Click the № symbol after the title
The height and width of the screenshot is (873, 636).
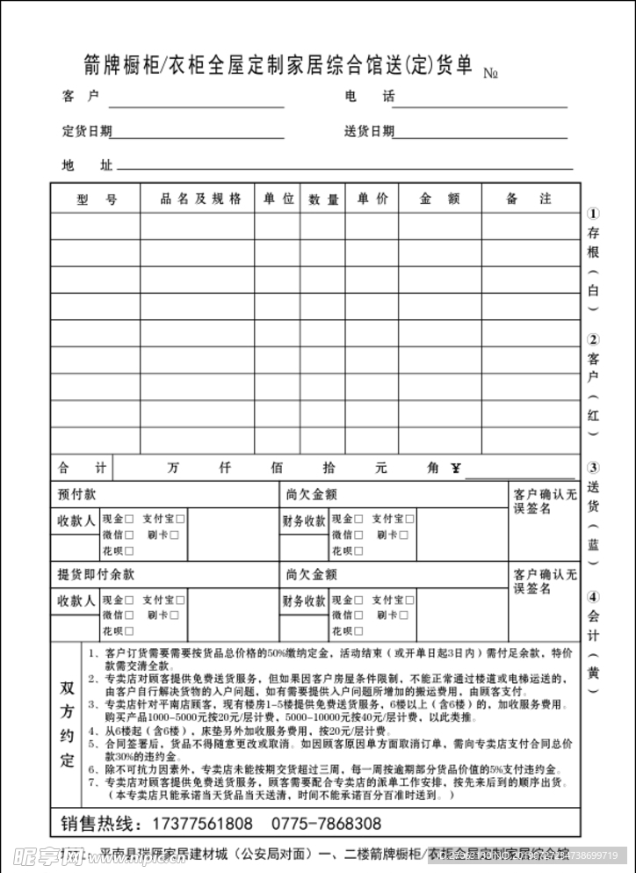(491, 74)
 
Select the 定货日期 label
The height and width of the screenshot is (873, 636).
(86, 131)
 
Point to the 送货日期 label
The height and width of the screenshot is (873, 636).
(368, 131)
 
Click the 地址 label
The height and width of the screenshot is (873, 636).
(87, 164)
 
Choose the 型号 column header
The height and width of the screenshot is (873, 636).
(96, 200)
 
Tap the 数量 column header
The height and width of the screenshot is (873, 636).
(323, 200)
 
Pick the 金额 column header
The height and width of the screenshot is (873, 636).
(439, 199)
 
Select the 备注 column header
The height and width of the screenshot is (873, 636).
(529, 199)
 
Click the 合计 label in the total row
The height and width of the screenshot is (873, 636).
(82, 468)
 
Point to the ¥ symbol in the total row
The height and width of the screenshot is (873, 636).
(456, 468)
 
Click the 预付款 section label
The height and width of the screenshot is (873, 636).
(77, 495)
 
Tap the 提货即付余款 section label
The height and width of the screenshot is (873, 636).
(96, 574)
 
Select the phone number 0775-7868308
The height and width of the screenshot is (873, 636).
(326, 824)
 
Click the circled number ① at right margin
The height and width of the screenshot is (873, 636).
(593, 214)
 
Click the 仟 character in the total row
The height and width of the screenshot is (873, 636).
(225, 468)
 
